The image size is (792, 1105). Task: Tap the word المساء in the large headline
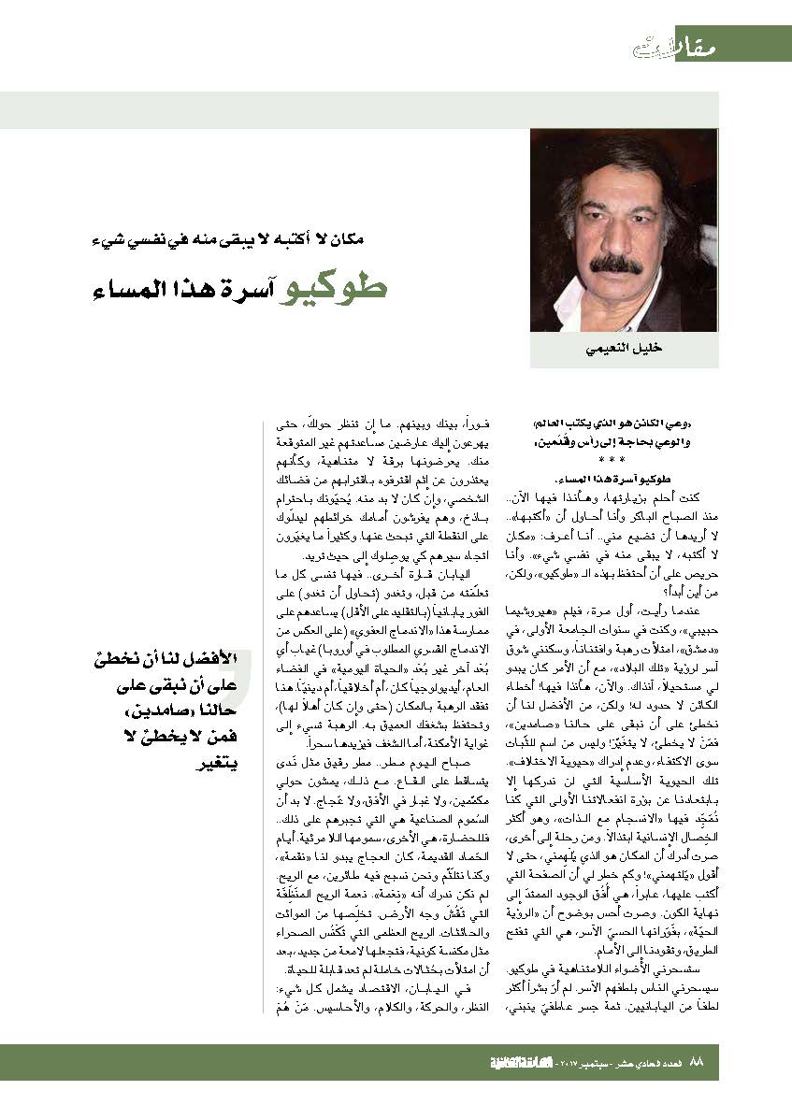(x=132, y=287)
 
